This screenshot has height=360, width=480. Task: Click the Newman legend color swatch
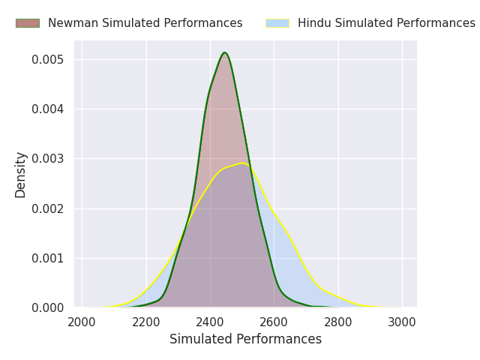click(x=28, y=23)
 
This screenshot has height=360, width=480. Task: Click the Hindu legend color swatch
click(x=277, y=23)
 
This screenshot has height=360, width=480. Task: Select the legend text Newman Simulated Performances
click(x=145, y=23)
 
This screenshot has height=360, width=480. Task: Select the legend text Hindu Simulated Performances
click(x=386, y=23)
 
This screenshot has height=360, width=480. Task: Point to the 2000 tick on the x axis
click(x=82, y=322)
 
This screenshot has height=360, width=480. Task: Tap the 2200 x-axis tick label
click(x=146, y=322)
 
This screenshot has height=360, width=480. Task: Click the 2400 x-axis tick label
click(x=210, y=322)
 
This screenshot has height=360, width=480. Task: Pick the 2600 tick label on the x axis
click(x=274, y=322)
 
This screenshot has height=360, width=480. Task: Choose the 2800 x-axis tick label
click(x=338, y=322)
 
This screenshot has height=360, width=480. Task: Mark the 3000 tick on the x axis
click(x=403, y=322)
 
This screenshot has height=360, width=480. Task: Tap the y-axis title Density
click(x=21, y=174)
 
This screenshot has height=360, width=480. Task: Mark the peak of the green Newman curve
click(x=224, y=52)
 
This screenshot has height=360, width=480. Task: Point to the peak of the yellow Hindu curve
click(x=241, y=163)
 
